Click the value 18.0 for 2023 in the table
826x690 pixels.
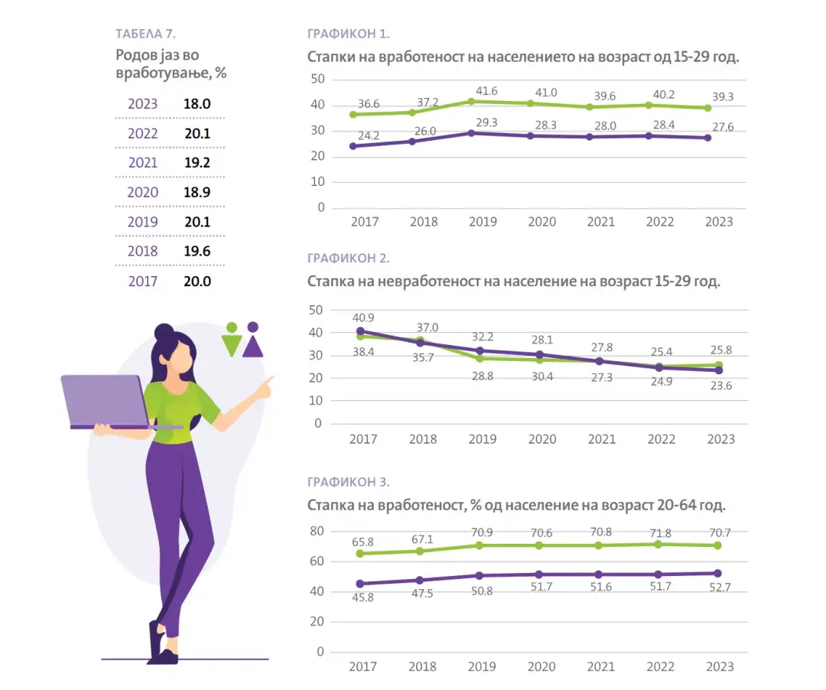pyautogui.click(x=197, y=104)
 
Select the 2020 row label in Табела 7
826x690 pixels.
pyautogui.click(x=142, y=192)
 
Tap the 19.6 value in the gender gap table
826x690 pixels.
pyautogui.click(x=197, y=251)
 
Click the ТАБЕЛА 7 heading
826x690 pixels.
pyautogui.click(x=145, y=34)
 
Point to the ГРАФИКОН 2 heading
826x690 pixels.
pyautogui.click(x=349, y=259)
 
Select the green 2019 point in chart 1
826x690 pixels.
pyautogui.click(x=472, y=102)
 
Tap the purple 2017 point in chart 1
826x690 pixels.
pyautogui.click(x=353, y=146)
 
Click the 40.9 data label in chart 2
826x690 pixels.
pyautogui.click(x=364, y=318)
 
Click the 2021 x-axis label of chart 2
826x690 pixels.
pyautogui.click(x=601, y=439)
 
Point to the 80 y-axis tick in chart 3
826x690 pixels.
pyautogui.click(x=317, y=531)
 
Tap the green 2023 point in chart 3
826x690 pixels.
pyautogui.click(x=717, y=545)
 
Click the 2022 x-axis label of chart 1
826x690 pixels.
pyautogui.click(x=660, y=222)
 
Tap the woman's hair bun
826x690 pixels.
pyautogui.click(x=164, y=332)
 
